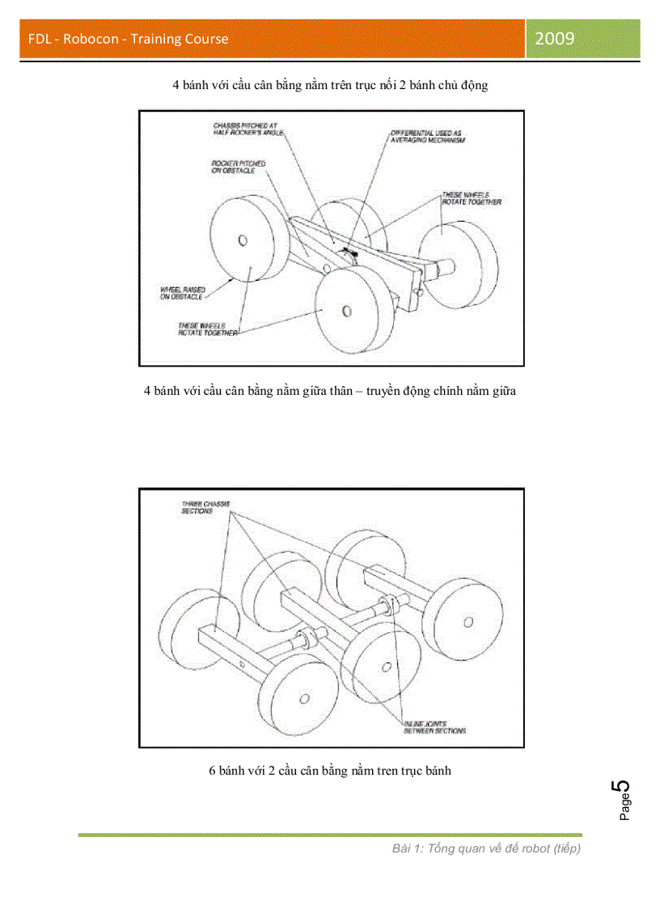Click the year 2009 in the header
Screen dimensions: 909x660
tap(554, 38)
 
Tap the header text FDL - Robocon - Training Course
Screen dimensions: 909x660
tap(128, 39)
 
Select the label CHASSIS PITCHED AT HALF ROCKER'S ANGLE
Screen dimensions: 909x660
tap(245, 130)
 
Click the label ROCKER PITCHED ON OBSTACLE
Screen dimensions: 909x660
tap(238, 168)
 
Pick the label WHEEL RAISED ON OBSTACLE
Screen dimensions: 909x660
tap(182, 294)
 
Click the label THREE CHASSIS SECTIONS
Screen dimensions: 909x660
tap(205, 508)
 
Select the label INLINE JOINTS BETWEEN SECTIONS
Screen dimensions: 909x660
tap(434, 727)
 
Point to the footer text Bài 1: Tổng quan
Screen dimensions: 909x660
tap(486, 848)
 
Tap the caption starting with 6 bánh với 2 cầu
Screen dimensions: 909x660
tap(329, 771)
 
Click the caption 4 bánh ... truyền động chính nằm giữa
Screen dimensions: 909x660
tap(329, 391)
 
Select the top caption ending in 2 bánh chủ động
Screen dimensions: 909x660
tap(329, 85)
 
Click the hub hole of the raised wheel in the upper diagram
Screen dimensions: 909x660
tap(243, 240)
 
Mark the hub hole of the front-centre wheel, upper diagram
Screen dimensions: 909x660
tap(346, 310)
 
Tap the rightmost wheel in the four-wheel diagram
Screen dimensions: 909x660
tap(458, 263)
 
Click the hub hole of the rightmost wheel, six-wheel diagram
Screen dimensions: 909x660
tap(467, 621)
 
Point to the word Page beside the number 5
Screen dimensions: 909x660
tap(625, 808)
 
